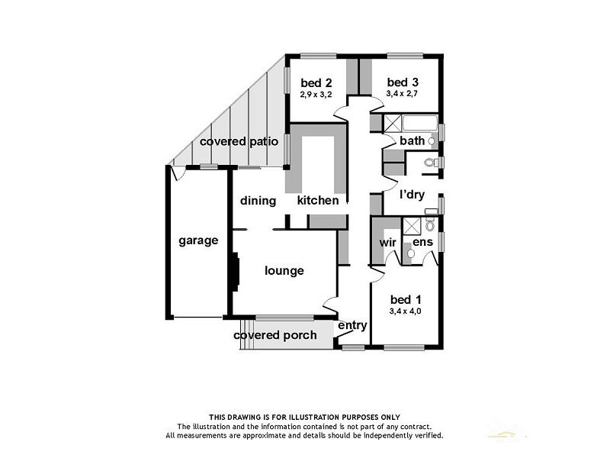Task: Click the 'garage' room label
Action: click(198, 240)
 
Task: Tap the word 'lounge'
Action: click(284, 270)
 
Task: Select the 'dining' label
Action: click(258, 201)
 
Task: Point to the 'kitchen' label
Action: click(318, 201)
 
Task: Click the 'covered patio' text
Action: click(239, 141)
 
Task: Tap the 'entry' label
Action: click(353, 325)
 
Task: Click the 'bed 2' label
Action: click(315, 82)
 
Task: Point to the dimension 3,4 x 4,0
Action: click(405, 311)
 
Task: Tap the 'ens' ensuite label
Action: click(423, 242)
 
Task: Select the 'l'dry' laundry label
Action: click(412, 195)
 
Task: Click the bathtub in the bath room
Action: click(419, 123)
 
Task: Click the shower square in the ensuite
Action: click(412, 224)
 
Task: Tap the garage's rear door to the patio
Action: click(178, 173)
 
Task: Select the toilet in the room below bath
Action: click(430, 163)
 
